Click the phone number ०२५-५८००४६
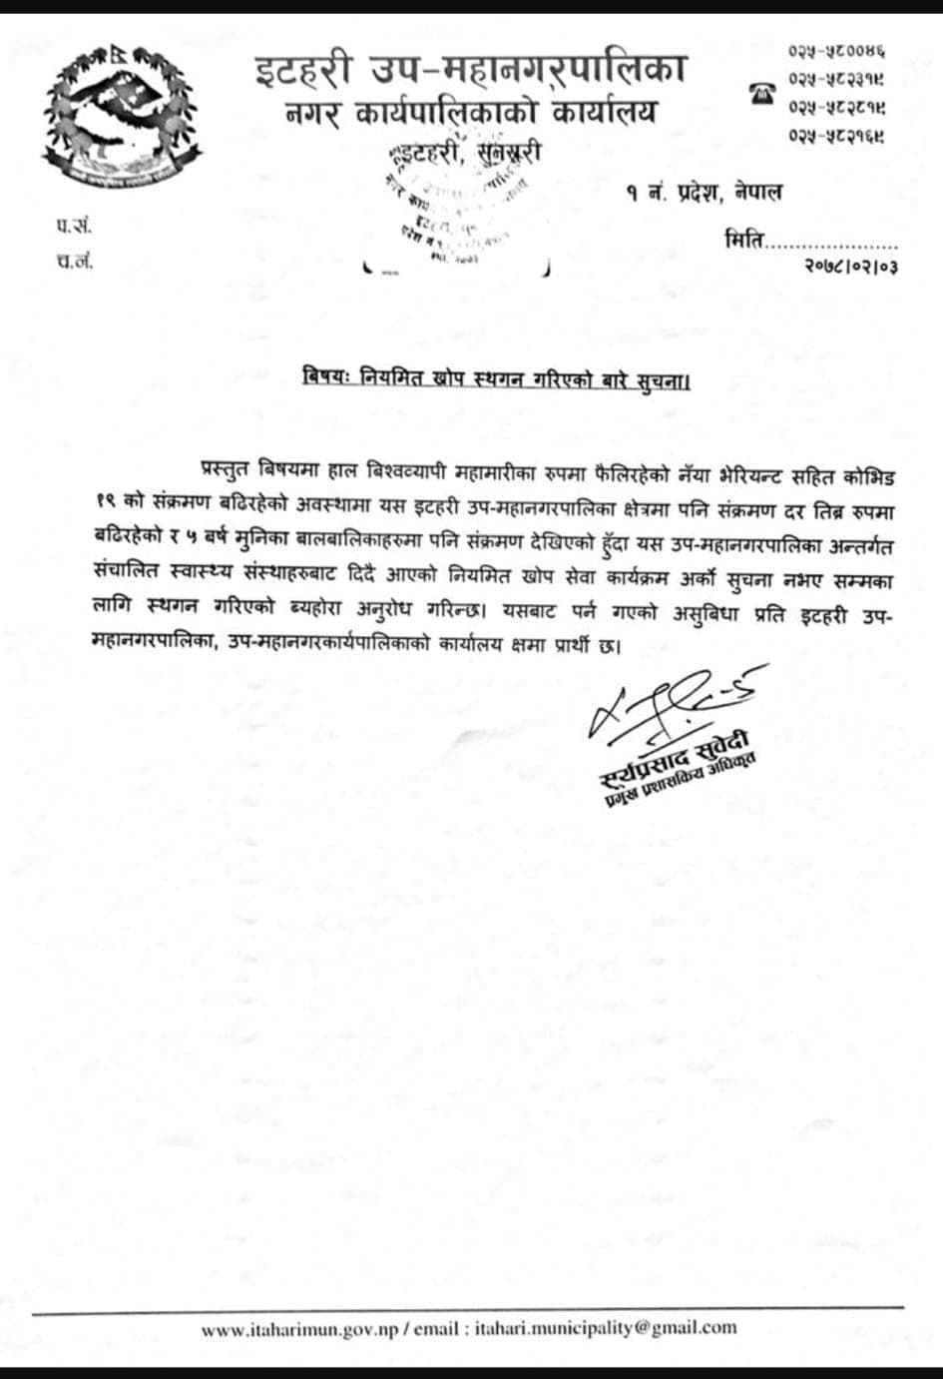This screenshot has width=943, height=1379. pyautogui.click(x=837, y=50)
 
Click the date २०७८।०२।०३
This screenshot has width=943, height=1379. pyautogui.click(x=849, y=267)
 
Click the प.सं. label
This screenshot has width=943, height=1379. pyautogui.click(x=74, y=228)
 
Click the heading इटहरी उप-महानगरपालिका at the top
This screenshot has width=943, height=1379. pyautogui.click(x=469, y=70)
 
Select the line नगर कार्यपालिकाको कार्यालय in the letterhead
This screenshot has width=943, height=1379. pyautogui.click(x=469, y=114)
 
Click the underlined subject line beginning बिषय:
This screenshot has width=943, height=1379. pyautogui.click(x=497, y=380)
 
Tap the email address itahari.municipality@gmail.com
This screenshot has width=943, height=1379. pyautogui.click(x=606, y=1328)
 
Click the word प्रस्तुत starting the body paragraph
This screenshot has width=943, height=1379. pyautogui.click(x=229, y=469)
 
